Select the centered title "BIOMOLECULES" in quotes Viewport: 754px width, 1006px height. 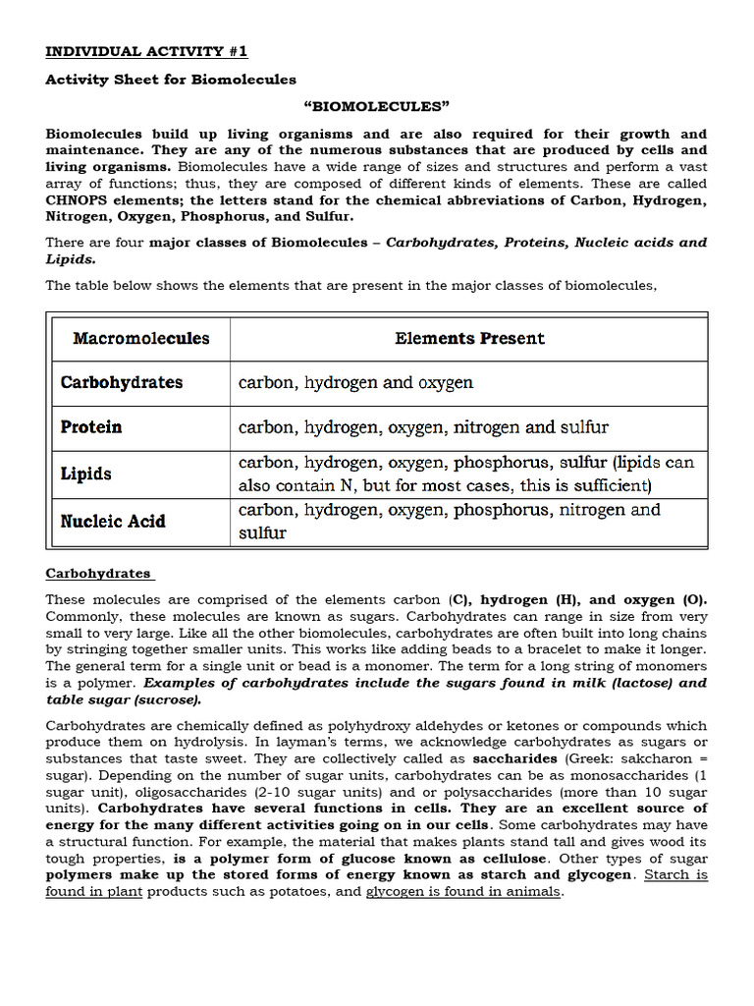pos(376,106)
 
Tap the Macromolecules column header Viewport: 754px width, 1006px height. pos(140,339)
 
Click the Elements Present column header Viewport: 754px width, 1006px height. pos(469,339)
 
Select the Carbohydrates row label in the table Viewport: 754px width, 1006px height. pos(122,382)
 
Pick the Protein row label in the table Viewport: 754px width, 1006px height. pos(91,427)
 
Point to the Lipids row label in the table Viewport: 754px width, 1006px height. pos(86,474)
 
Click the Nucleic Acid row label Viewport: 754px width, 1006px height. pos(113,521)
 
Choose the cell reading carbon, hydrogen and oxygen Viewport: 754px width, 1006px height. pos(355,382)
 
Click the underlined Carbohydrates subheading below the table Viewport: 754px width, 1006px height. pos(98,573)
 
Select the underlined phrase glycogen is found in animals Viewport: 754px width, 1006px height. pos(464,892)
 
